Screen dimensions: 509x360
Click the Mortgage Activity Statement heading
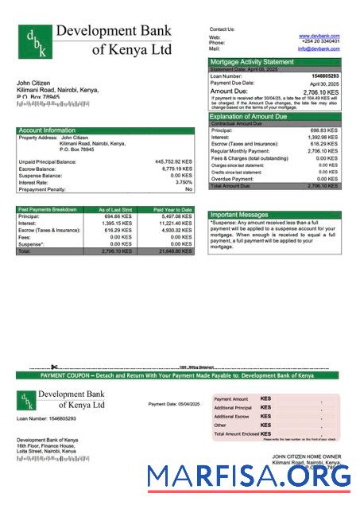(251, 61)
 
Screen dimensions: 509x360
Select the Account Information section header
(47, 130)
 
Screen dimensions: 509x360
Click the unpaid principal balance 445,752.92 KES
(173, 161)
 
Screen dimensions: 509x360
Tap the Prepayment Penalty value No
(188, 189)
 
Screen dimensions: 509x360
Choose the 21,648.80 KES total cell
(175, 251)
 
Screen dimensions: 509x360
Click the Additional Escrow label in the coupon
(231, 416)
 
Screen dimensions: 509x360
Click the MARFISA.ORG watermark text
(249, 476)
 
